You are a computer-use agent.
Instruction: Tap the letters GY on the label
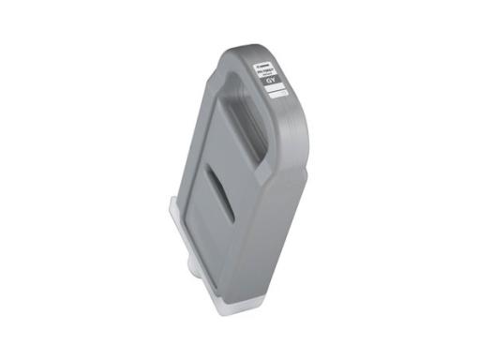(x=272, y=83)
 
